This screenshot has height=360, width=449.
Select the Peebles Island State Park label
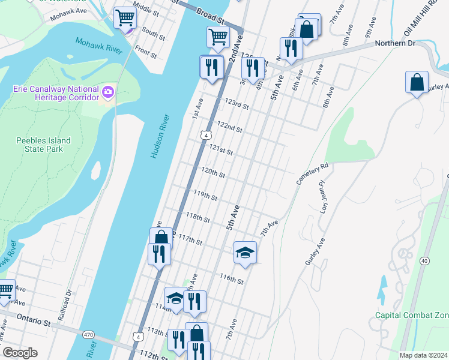click(x=43, y=145)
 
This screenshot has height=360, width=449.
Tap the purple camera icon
click(x=109, y=92)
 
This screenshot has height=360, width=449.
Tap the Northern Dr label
click(x=395, y=43)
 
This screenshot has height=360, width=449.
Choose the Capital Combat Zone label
click(x=412, y=315)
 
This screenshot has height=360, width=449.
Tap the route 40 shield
click(x=424, y=261)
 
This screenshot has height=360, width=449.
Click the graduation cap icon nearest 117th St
click(x=245, y=253)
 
